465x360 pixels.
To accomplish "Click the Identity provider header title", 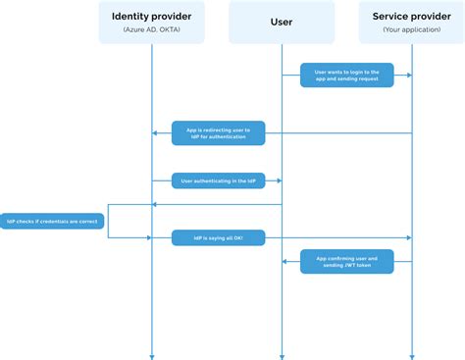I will click(152, 16).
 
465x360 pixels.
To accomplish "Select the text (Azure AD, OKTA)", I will click(152, 30).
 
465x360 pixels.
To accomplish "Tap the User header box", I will click(282, 22).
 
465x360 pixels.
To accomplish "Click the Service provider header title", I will click(411, 16).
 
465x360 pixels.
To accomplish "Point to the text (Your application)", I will click(411, 30).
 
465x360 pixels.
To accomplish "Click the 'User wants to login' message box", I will click(347, 75).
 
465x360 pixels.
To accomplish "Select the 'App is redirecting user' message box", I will click(218, 132).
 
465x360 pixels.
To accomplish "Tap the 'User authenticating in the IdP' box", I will click(217, 180).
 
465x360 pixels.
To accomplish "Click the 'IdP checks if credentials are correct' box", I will click(52, 221).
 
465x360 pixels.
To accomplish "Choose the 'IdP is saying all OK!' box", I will click(218, 237).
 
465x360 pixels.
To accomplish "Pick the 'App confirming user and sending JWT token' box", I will click(347, 261).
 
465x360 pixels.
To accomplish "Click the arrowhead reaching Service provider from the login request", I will click(407, 75).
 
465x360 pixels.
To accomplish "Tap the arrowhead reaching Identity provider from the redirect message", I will click(156, 132).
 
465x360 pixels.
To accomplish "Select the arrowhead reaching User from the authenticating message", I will click(278, 180).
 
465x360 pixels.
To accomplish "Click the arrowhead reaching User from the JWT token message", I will click(285, 261).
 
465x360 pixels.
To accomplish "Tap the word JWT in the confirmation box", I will click(348, 266).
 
